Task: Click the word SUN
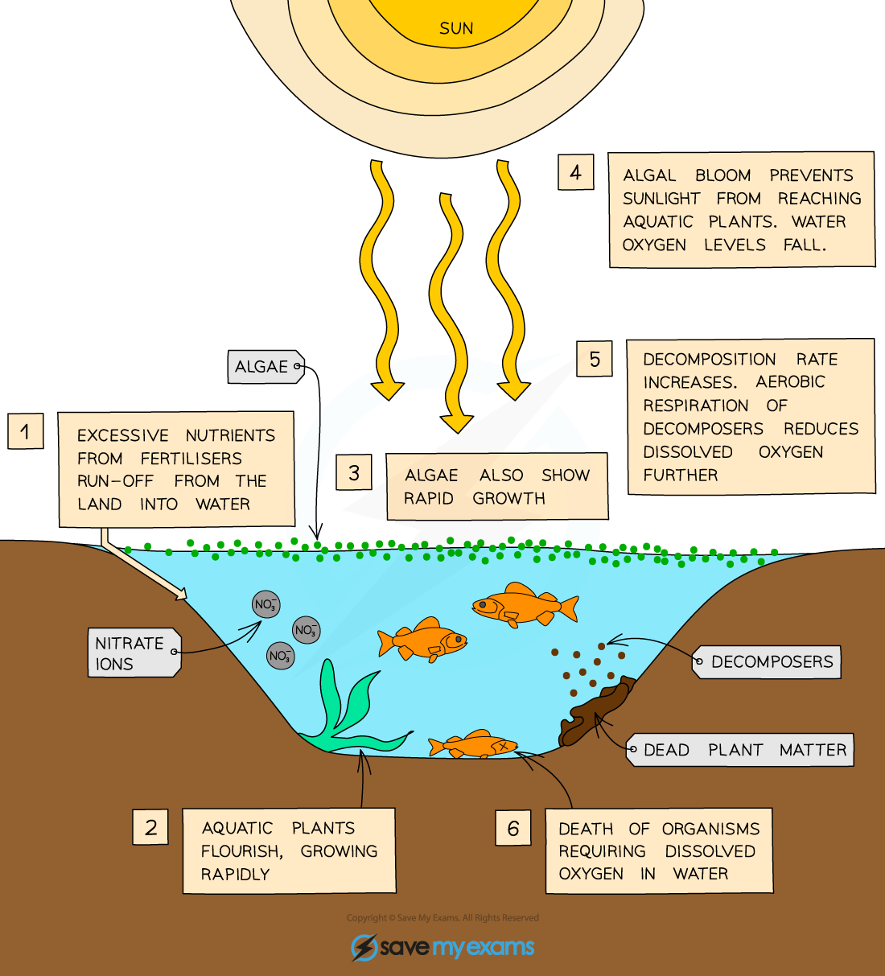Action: [456, 29]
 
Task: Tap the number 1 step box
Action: [26, 431]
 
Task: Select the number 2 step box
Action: [150, 827]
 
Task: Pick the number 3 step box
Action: [354, 472]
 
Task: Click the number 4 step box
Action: [575, 172]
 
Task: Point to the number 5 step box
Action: [595, 359]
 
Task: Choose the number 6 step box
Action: [513, 828]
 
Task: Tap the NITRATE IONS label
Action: [132, 653]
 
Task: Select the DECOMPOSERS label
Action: [768, 662]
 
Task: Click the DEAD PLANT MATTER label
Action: [742, 750]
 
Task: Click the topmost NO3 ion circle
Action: [265, 604]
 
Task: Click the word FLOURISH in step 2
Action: [241, 851]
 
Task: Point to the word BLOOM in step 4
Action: [722, 175]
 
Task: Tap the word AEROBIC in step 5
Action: [790, 382]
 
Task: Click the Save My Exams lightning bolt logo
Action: [364, 947]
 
